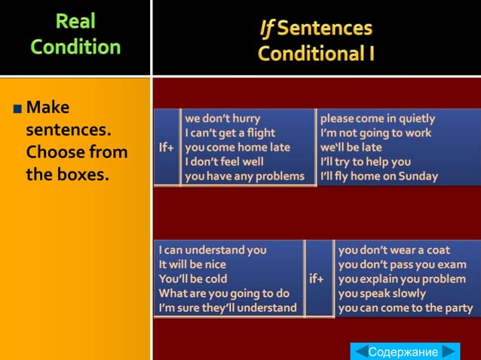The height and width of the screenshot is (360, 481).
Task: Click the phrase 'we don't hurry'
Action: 222,118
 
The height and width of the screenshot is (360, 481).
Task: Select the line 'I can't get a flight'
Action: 230,133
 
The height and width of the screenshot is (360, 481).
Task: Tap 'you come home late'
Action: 237,148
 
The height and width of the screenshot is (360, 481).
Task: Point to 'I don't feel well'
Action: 225,162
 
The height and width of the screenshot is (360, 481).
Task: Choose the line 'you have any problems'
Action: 245,176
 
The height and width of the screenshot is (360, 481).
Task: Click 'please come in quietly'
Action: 378,118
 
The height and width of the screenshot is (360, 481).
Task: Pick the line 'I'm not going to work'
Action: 375,133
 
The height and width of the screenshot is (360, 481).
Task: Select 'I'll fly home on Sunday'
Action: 379,176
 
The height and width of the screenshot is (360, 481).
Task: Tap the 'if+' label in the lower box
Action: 317,279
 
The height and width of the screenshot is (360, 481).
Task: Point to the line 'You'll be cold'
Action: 193,279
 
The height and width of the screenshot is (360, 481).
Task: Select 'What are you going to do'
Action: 224,293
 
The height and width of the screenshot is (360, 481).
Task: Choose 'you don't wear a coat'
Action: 394,249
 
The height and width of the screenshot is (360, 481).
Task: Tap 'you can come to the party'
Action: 406,308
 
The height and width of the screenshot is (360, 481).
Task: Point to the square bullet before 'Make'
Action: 17,108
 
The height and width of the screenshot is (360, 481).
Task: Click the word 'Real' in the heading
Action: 75,21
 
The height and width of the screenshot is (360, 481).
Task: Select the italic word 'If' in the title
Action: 267,29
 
